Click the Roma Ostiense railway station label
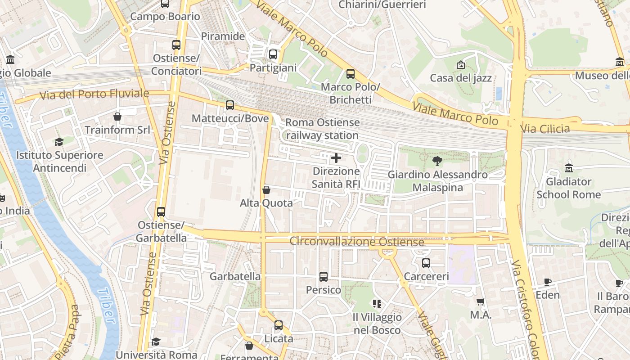323,129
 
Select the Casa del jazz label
461,78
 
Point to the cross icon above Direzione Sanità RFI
336,158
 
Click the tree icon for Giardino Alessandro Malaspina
437,161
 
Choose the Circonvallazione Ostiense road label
356,242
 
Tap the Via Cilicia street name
545,129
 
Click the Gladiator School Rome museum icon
569,168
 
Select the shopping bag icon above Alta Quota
266,190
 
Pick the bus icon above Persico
324,277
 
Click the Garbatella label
235,276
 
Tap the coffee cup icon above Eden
548,282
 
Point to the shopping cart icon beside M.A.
481,302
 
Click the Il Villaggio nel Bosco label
377,324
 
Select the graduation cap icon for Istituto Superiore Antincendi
59,142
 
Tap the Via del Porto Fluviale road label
94,94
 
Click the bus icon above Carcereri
426,263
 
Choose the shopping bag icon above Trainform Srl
117,117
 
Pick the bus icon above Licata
279,325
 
